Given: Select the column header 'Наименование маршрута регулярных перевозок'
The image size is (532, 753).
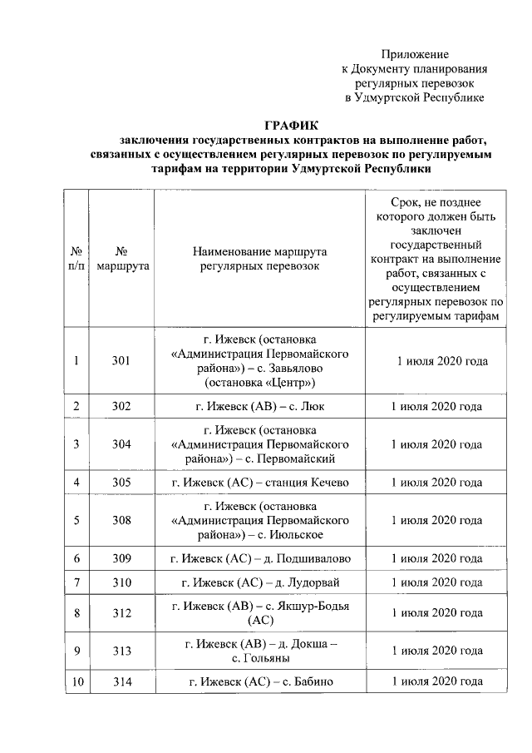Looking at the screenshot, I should tap(259, 259).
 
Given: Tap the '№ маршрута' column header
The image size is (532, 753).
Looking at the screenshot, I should tap(122, 259).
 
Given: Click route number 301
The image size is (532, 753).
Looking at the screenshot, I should tap(122, 361).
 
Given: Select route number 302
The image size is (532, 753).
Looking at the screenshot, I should tap(122, 407).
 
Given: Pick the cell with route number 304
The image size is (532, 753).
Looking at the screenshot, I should tap(122, 444).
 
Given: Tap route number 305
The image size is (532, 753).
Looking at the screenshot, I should tap(122, 483).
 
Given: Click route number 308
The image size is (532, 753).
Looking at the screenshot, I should tap(122, 520).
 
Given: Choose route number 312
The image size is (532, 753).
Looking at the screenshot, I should tap(122, 612).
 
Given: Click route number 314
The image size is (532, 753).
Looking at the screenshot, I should tap(122, 682).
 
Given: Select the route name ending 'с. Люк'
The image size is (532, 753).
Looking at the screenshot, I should tap(259, 407).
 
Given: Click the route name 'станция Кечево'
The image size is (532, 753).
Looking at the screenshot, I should tap(259, 483).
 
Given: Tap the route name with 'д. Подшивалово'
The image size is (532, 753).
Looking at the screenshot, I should tap(259, 558).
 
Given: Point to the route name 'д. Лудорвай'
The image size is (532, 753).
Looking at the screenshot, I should tap(259, 582).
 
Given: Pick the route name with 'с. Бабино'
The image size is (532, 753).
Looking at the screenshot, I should tap(259, 682).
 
